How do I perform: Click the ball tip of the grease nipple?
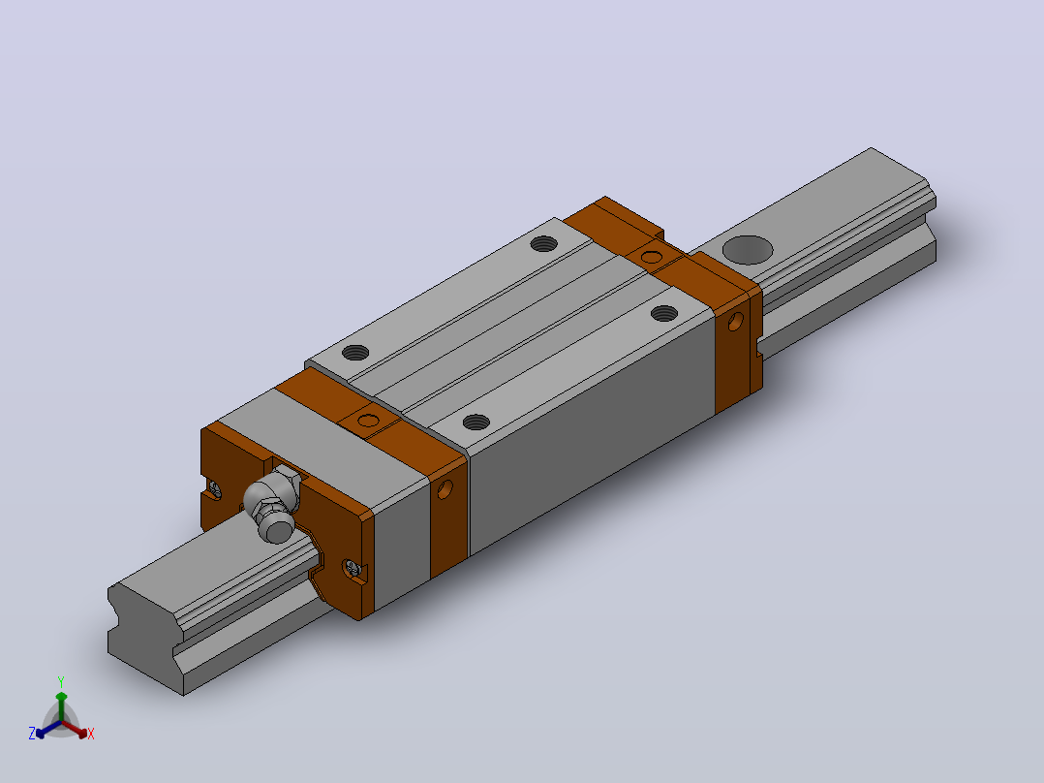277,528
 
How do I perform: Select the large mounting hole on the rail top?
748,250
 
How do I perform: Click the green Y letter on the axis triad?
61,681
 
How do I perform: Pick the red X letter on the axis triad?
91,734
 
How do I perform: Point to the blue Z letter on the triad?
32,734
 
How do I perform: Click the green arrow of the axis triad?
61,705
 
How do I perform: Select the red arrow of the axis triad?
75,729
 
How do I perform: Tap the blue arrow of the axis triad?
48,729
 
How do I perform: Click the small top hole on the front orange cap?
368,421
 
